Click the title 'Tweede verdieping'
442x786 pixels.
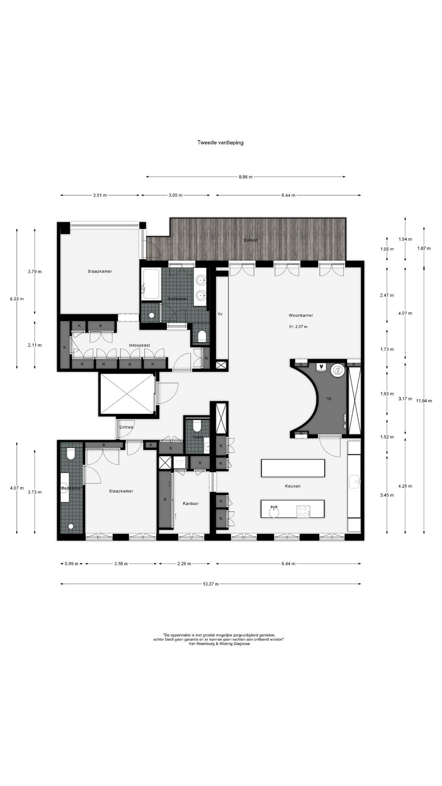point(221,142)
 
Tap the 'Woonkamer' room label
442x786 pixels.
point(301,316)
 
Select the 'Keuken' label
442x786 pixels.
point(293,486)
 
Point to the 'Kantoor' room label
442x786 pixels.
point(191,503)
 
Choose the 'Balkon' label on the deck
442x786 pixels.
point(250,240)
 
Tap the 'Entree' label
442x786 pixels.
point(126,427)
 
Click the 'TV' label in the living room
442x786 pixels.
point(220,314)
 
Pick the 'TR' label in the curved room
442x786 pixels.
point(329,398)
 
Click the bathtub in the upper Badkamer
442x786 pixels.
point(151,284)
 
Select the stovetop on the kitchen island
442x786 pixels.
point(303,511)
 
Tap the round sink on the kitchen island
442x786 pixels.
point(274,511)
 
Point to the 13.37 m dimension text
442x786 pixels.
point(211,584)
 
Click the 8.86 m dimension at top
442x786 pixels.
point(246,177)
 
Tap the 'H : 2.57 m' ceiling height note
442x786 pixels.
point(298,327)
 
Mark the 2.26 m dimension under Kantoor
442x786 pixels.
point(184,563)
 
